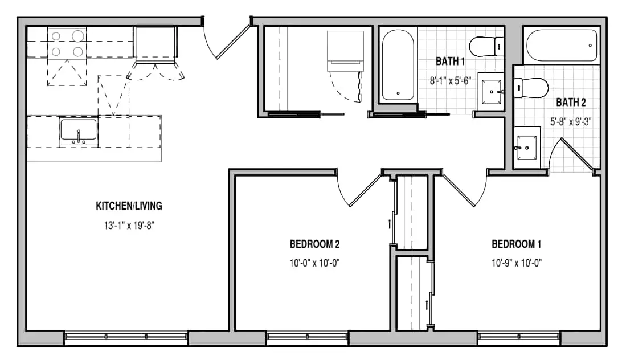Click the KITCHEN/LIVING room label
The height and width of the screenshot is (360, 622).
click(129, 206)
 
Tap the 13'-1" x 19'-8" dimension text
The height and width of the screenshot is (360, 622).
click(129, 226)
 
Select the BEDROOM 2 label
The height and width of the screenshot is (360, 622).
click(314, 244)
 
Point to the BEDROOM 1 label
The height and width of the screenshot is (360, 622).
click(517, 244)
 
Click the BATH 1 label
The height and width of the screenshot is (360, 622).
click(450, 61)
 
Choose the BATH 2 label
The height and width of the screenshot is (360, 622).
click(571, 103)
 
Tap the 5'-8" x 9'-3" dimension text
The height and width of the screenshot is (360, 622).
click(571, 121)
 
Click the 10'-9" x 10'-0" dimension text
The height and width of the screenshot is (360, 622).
click(517, 263)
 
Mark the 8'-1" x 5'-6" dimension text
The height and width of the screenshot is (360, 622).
click(450, 80)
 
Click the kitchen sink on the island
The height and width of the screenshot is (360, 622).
click(78, 132)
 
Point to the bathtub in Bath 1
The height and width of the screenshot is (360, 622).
click(398, 65)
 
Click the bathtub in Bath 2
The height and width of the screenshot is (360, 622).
click(562, 45)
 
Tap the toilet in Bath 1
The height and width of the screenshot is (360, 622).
click(486, 47)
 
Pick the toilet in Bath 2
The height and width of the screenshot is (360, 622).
click(531, 88)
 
